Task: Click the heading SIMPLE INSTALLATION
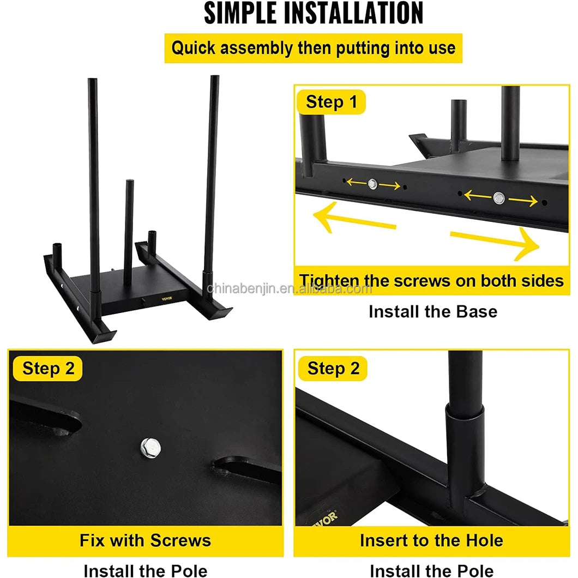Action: point(314,13)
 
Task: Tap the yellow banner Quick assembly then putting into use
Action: point(314,49)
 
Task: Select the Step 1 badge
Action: point(331,102)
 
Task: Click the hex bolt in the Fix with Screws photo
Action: point(150,448)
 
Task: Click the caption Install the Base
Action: point(433,312)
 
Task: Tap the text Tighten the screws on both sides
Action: point(431,281)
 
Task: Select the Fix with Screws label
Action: point(145,540)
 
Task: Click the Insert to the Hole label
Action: point(431,540)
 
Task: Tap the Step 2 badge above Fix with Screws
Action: point(47,369)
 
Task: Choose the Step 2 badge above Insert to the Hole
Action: point(333,369)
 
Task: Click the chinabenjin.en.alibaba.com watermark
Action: point(290,288)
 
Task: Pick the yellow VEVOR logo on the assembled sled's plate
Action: point(167,298)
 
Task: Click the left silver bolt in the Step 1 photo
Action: point(372,184)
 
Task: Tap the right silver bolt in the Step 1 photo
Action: point(499,198)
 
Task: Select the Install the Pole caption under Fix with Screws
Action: point(145,570)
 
